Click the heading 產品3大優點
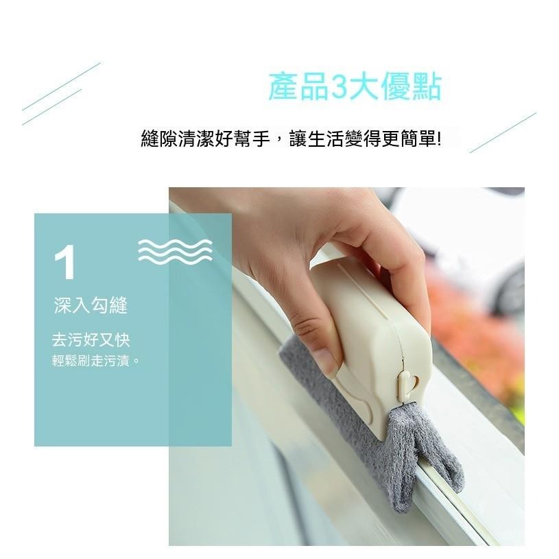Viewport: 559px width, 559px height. point(354,88)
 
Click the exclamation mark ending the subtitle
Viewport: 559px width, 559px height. point(439,139)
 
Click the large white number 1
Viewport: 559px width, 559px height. point(65,263)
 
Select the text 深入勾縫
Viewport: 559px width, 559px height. point(91,306)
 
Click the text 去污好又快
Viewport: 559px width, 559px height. point(91,340)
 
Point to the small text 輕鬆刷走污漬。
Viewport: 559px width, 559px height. point(96,360)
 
